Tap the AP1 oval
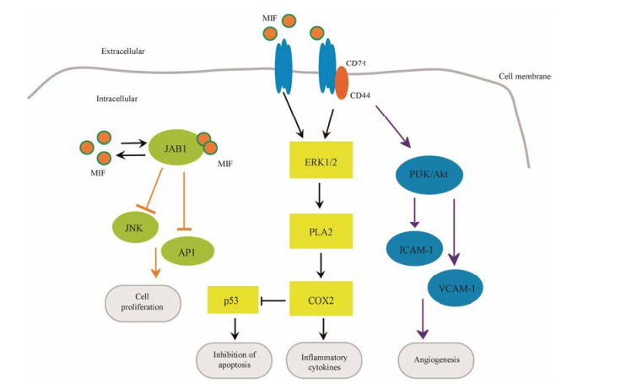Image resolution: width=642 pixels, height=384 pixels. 187,251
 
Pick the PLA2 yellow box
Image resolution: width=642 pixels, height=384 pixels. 318,229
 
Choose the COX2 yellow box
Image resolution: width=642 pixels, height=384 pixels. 318,300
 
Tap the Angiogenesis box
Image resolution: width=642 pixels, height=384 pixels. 436,358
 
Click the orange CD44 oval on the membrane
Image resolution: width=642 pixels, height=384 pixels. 341,82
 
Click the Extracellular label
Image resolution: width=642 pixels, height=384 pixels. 121,51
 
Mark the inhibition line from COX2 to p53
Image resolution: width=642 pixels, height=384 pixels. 272,300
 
